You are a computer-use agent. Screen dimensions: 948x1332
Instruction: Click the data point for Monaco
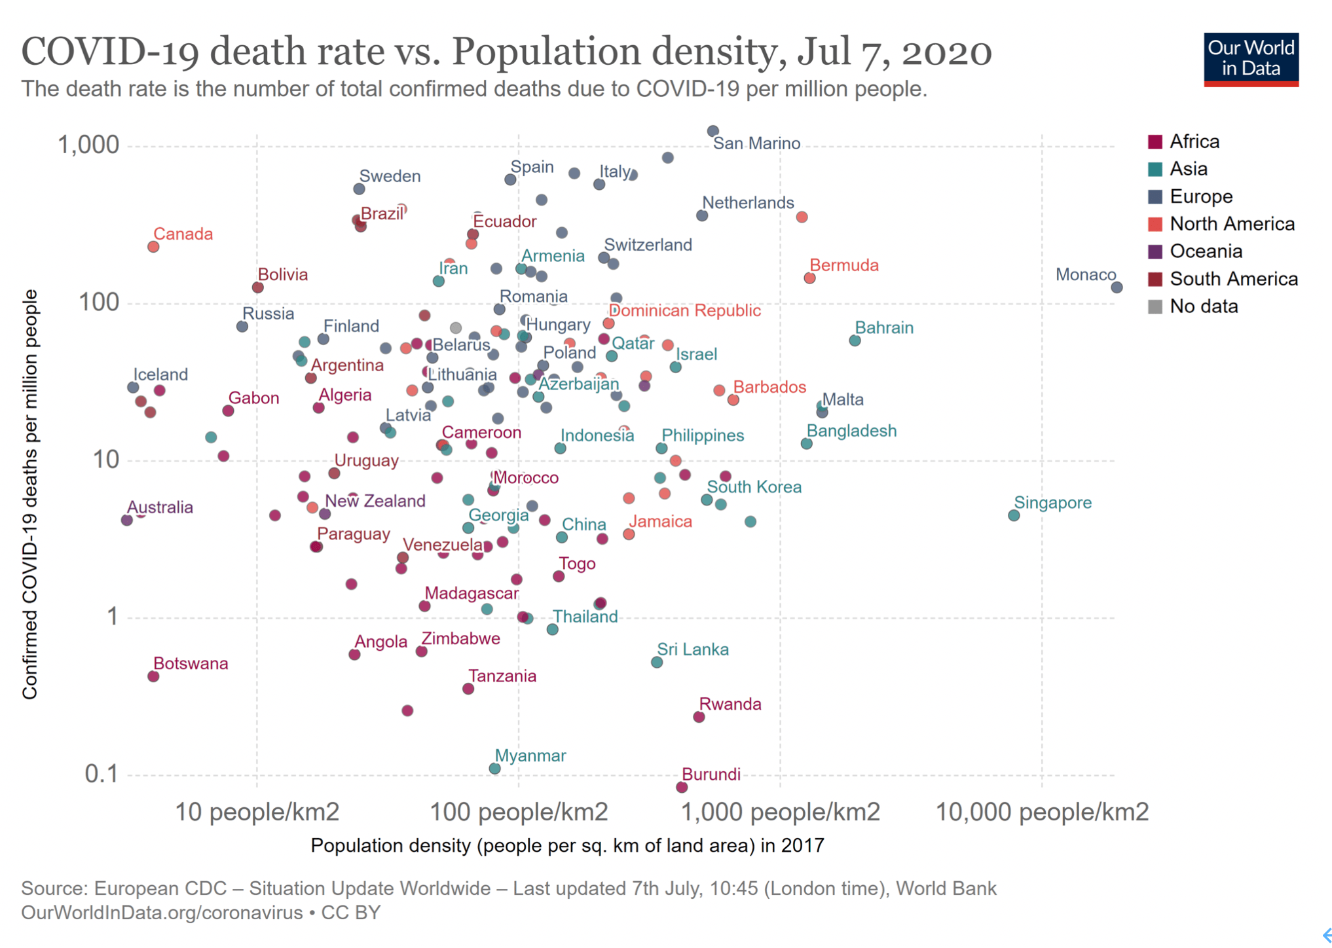[x=1117, y=287]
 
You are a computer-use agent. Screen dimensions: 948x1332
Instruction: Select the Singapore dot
[x=1013, y=515]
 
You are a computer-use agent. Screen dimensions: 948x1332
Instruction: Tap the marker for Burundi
[x=681, y=786]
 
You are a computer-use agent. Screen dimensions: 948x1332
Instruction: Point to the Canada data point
[x=153, y=247]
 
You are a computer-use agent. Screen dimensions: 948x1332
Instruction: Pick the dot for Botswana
[x=153, y=676]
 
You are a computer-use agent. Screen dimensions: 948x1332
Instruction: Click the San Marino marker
[x=712, y=132]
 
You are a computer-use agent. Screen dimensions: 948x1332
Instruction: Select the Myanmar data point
[x=494, y=768]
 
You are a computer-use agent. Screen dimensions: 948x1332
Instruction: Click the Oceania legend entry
[x=1205, y=251]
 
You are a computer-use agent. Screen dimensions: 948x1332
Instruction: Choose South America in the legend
[x=1233, y=279]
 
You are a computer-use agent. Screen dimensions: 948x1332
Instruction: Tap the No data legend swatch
[x=1156, y=306]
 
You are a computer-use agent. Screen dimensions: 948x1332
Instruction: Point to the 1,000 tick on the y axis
[x=88, y=145]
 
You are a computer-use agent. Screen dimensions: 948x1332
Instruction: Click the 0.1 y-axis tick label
[x=102, y=774]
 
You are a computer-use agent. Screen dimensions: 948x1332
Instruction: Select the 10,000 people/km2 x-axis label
[x=1042, y=812]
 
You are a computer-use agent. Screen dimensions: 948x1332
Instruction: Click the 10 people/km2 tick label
[x=257, y=812]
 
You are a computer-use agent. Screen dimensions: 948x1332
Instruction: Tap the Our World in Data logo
[x=1250, y=60]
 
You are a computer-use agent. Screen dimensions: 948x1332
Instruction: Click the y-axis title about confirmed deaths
[x=29, y=494]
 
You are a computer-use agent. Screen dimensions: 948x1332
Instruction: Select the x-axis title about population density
[x=567, y=846]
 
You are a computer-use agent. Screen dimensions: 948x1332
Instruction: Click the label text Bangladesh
[x=851, y=431]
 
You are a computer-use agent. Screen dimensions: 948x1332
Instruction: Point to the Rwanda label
[x=730, y=704]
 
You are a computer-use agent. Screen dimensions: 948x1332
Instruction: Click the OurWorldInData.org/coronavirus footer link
[x=162, y=913]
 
